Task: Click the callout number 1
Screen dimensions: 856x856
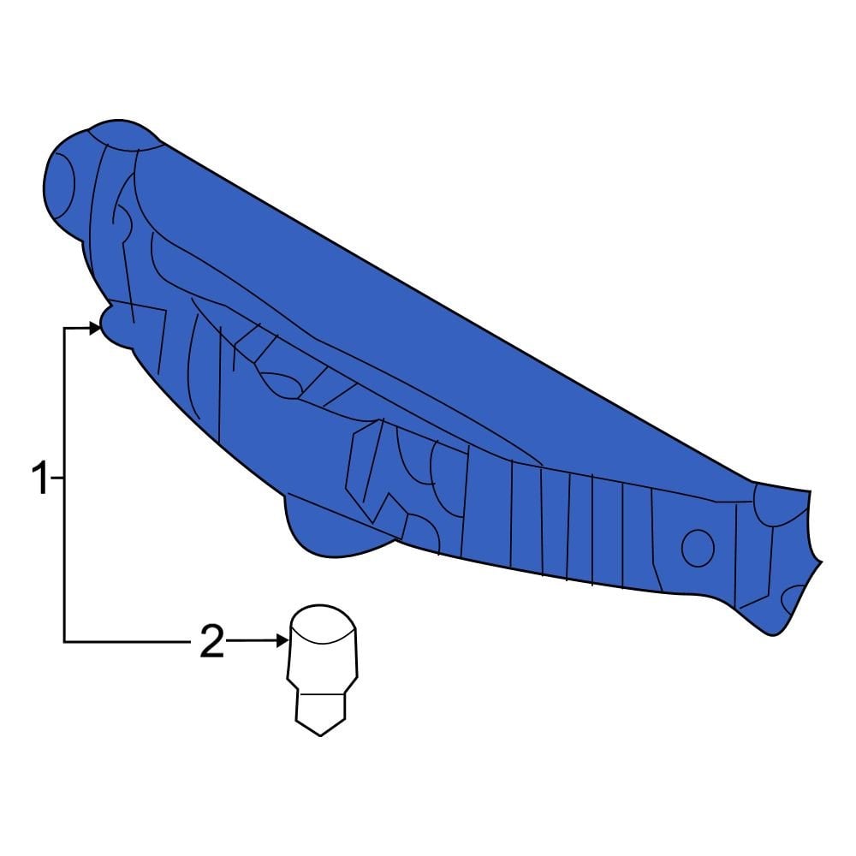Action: pyautogui.click(x=40, y=478)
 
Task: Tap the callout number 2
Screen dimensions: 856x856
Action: pyautogui.click(x=211, y=641)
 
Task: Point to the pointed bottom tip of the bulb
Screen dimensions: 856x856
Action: pyautogui.click(x=320, y=734)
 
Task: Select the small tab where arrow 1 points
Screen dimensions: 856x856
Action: pyautogui.click(x=111, y=325)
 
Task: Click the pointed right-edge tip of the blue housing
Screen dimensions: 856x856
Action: pyautogui.click(x=820, y=562)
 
